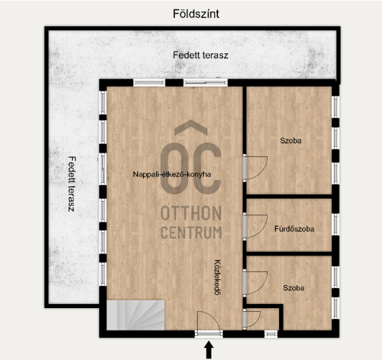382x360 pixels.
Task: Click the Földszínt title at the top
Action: [196, 14]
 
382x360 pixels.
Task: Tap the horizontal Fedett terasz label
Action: [201, 55]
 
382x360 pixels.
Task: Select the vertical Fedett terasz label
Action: [71, 184]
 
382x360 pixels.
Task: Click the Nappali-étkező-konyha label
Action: [172, 174]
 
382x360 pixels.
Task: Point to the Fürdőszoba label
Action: [294, 229]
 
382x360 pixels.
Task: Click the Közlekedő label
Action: [217, 277]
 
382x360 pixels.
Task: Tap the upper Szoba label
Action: [291, 140]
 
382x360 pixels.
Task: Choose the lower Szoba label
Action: [294, 288]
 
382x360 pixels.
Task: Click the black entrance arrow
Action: [209, 350]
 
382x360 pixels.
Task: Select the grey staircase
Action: [136, 315]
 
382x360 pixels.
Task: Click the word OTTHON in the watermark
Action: [191, 213]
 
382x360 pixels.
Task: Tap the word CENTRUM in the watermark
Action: [191, 233]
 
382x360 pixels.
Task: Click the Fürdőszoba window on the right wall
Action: [336, 225]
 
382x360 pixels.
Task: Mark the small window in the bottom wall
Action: [271, 334]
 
